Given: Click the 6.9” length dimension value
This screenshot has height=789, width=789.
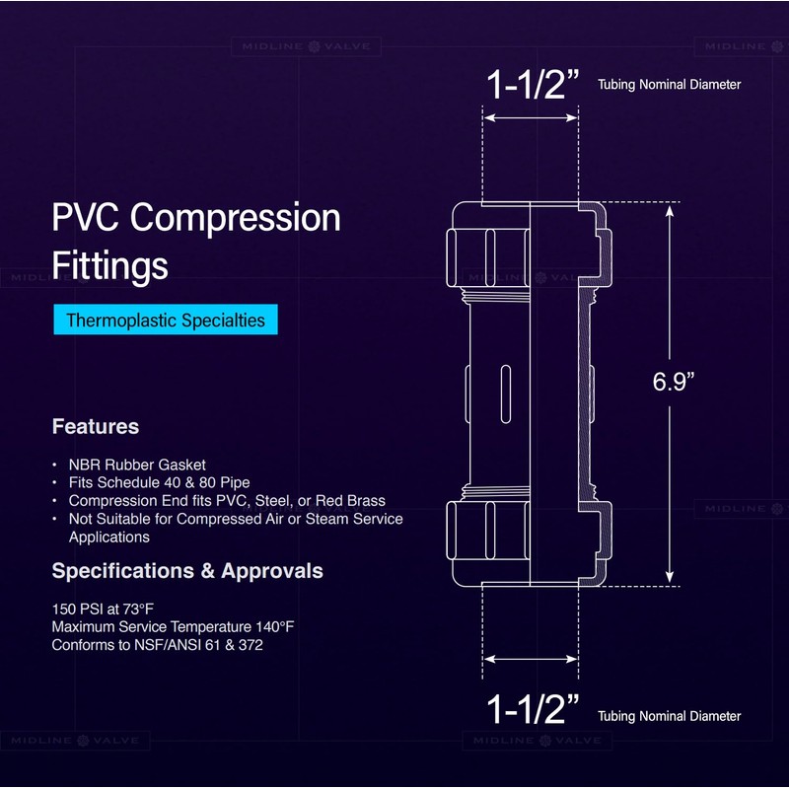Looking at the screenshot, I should point(674,382).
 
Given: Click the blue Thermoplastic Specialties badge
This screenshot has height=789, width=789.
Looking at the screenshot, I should point(166,320).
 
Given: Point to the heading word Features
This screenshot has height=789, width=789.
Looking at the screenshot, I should point(95,427).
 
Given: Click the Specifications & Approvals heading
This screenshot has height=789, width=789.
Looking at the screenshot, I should point(186,571).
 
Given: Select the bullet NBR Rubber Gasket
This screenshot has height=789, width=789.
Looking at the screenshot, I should point(137,465).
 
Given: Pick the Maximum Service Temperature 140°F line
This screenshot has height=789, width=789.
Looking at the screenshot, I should point(174,626).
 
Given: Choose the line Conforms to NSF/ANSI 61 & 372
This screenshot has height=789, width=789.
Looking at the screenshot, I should point(158,645).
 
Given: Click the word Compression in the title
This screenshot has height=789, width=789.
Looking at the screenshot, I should point(236,218).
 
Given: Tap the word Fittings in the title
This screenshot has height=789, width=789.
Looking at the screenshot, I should point(109,266).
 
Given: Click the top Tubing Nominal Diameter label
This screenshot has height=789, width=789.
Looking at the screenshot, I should point(669,85).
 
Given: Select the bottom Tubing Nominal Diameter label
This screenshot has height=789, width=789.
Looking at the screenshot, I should point(669,716).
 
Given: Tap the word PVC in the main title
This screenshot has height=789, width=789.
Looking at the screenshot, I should point(87,218).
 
